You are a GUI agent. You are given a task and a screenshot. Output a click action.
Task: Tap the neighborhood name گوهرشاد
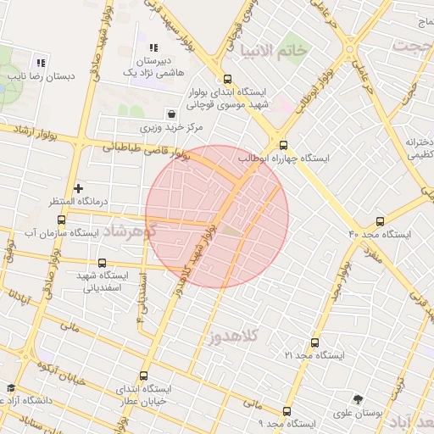[x=125, y=231]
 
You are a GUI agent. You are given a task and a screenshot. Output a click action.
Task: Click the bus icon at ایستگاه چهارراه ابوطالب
[x=283, y=145]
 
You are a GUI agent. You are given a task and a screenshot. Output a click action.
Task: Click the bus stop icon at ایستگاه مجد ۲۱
[x=314, y=343]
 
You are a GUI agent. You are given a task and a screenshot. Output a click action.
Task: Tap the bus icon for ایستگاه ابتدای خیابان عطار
[x=142, y=376]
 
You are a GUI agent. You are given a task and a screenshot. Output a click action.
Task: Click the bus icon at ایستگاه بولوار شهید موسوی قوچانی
[x=225, y=77]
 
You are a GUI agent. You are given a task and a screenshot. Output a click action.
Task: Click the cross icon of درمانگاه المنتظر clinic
[x=79, y=188]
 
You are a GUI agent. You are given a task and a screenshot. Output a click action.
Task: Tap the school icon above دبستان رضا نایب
[x=40, y=62]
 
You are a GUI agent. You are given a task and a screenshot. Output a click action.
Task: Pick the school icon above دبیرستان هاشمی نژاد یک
[x=153, y=48]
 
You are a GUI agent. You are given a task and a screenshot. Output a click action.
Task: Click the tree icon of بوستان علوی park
[x=359, y=398]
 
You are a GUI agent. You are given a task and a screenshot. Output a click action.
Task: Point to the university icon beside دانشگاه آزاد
[x=10, y=387]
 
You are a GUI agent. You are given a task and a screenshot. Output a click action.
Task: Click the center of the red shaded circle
[x=217, y=217]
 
